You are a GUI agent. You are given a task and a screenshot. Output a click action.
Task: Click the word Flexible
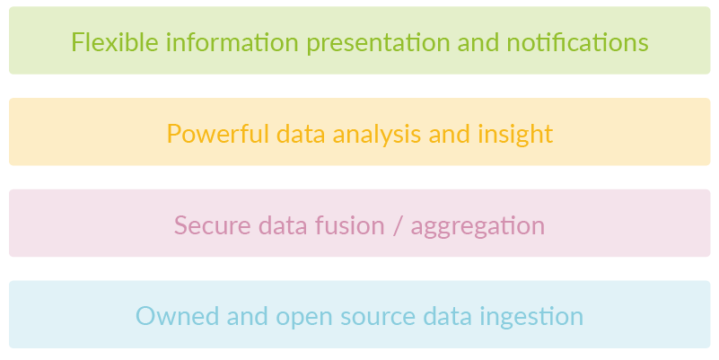point(115,41)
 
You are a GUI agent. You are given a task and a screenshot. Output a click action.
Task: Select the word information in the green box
point(232,41)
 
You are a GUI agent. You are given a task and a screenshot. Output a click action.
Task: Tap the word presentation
point(378,44)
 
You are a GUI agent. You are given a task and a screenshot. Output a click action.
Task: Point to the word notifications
point(577,41)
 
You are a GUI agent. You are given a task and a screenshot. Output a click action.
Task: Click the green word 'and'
point(478,41)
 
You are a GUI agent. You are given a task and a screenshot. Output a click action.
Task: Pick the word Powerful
point(218,134)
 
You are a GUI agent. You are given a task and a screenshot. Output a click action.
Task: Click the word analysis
point(377,136)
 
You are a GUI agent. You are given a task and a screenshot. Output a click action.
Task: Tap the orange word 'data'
point(301,134)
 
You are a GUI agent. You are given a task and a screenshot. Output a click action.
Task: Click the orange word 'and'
point(450,134)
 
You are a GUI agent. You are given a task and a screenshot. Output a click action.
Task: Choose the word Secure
point(213,225)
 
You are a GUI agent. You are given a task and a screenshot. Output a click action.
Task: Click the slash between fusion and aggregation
point(398,226)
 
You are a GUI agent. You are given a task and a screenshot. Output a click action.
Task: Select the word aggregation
point(478,227)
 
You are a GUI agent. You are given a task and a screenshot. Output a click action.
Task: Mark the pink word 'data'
point(283,225)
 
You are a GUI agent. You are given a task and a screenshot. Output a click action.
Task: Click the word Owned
point(178,316)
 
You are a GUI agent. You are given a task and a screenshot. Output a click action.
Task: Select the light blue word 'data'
point(447,316)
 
